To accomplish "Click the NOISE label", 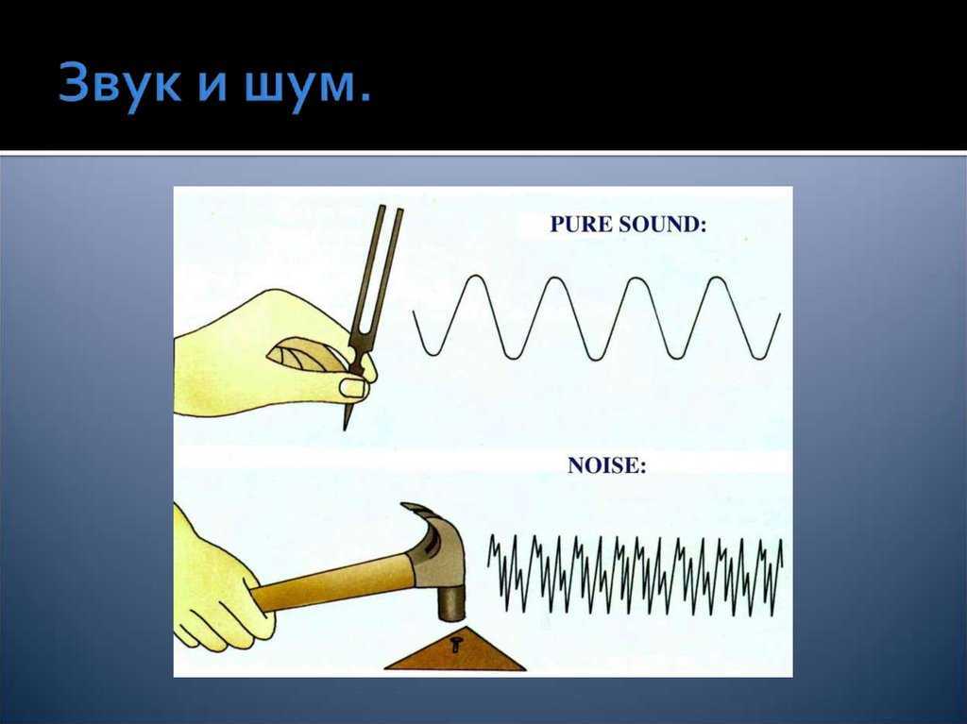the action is point(607,465).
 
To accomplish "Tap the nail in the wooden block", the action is point(455,644).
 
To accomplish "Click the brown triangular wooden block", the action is point(455,650).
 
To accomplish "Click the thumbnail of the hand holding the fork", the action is point(354,388).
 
